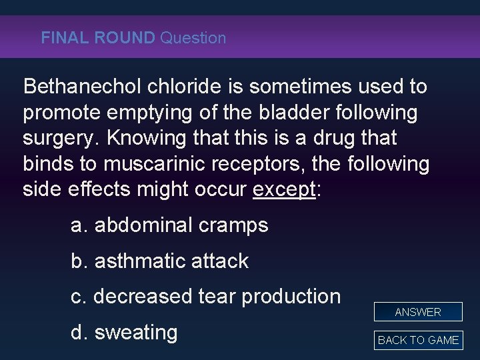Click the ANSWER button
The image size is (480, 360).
[x=418, y=311]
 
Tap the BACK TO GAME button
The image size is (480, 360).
[x=418, y=340]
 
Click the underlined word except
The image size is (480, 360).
[x=283, y=189]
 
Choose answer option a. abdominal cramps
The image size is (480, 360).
[x=169, y=225]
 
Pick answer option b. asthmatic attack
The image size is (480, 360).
[x=159, y=261]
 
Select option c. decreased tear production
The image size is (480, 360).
[x=205, y=296]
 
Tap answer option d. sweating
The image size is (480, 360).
[x=124, y=331]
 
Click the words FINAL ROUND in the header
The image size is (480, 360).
[x=97, y=38]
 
